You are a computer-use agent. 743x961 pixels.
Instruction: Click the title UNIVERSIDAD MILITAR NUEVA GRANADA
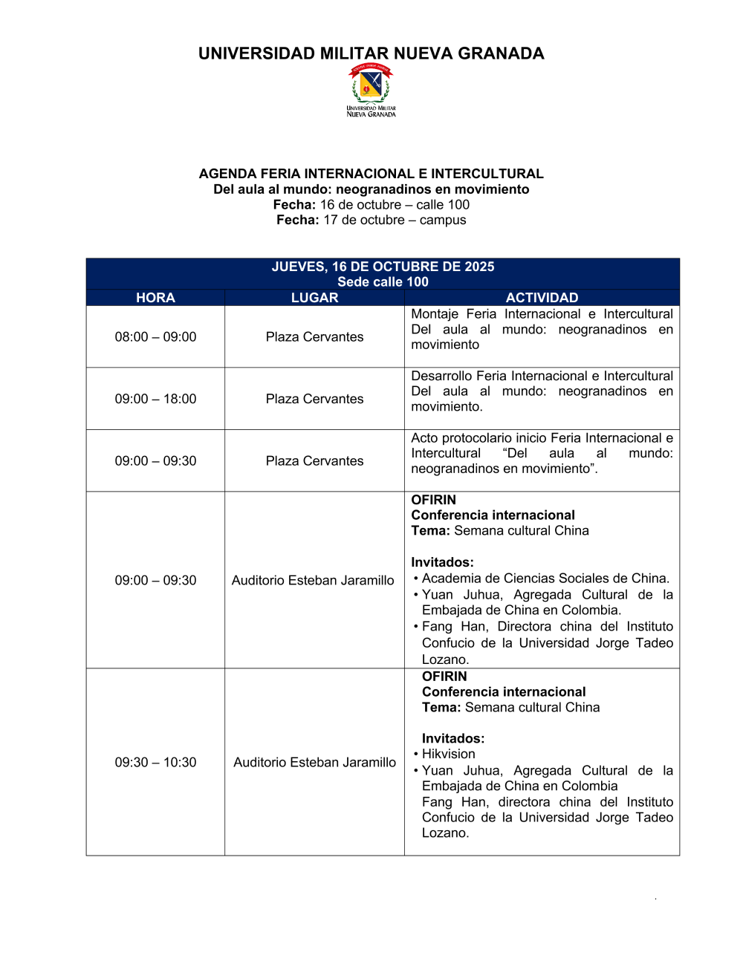pyautogui.click(x=371, y=53)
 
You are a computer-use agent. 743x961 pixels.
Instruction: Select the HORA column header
pyautogui.click(x=155, y=298)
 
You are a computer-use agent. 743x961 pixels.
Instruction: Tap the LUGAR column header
pyautogui.click(x=314, y=298)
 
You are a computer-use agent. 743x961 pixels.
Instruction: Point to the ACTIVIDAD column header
pyautogui.click(x=542, y=298)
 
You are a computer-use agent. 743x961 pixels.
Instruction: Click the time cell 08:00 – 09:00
pyautogui.click(x=155, y=337)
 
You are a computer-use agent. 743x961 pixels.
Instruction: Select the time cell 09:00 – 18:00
pyautogui.click(x=155, y=399)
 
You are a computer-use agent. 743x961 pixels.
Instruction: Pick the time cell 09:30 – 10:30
pyautogui.click(x=155, y=763)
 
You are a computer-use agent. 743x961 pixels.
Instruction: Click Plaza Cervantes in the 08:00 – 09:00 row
pyautogui.click(x=314, y=337)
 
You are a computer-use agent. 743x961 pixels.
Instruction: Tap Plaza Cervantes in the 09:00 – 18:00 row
pyautogui.click(x=314, y=399)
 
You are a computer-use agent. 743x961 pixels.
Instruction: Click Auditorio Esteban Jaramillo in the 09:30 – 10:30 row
pyautogui.click(x=314, y=763)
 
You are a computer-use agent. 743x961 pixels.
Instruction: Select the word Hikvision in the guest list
pyautogui.click(x=448, y=755)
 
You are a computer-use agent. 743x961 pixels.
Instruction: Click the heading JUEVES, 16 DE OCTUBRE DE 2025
pyautogui.click(x=383, y=267)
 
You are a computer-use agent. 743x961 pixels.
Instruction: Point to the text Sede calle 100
pyautogui.click(x=383, y=282)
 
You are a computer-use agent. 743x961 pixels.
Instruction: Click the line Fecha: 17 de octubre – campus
pyautogui.click(x=371, y=220)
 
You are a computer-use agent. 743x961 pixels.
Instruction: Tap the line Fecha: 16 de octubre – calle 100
pyautogui.click(x=371, y=205)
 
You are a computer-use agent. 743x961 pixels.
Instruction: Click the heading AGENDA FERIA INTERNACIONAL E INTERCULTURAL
pyautogui.click(x=371, y=174)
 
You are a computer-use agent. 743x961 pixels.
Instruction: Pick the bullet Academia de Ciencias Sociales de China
pyautogui.click(x=545, y=579)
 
